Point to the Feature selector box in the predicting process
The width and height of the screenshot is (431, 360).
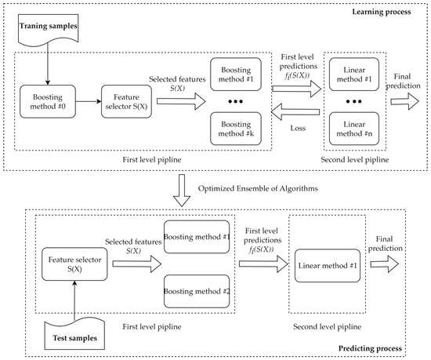(74, 267)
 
